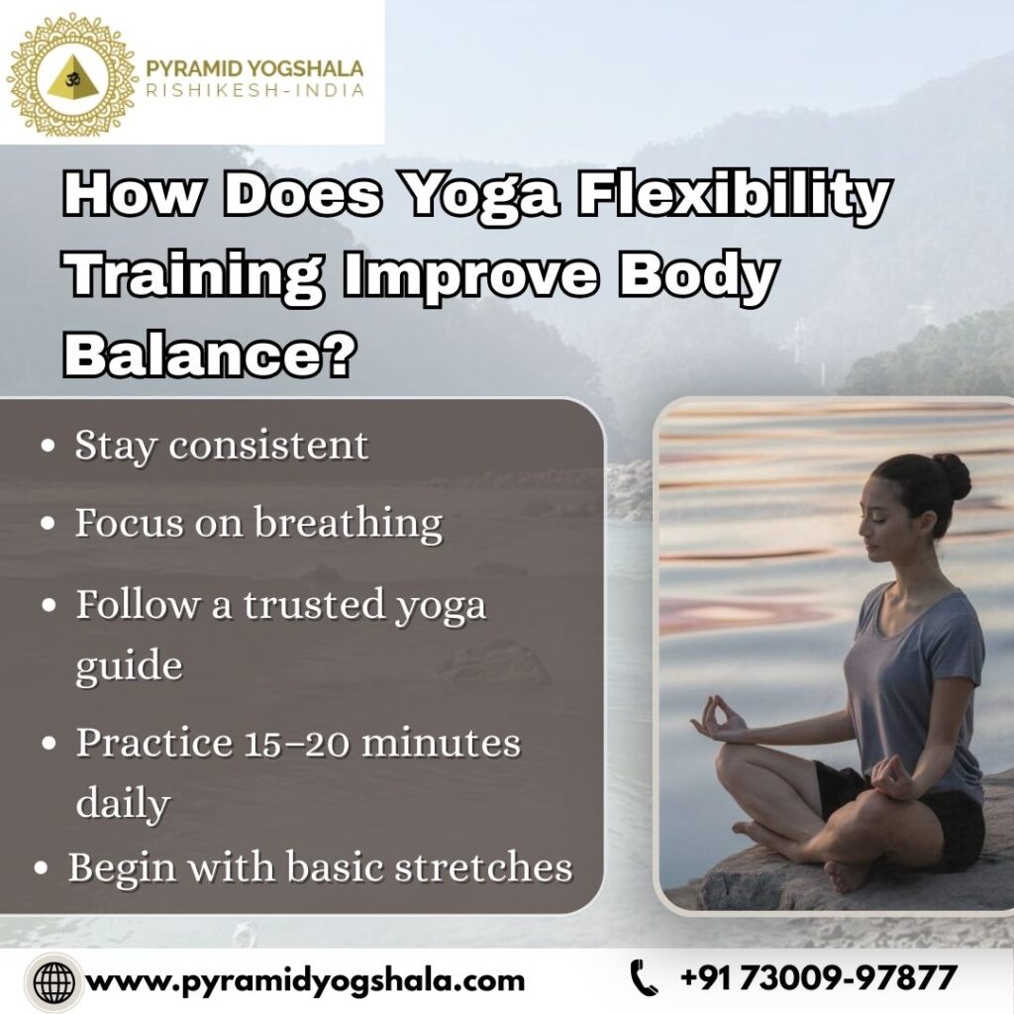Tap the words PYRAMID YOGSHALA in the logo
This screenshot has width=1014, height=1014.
[254, 68]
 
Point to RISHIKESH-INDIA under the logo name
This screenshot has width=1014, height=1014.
[254, 90]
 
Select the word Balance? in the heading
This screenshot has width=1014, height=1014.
[209, 355]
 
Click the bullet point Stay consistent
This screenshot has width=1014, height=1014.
[221, 446]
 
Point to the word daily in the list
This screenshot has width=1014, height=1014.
[121, 803]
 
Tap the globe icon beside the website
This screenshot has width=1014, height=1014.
[52, 981]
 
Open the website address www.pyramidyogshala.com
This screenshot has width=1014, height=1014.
[306, 981]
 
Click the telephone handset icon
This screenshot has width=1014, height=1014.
[645, 979]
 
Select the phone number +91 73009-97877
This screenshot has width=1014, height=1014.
[819, 979]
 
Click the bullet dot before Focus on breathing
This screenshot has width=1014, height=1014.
[48, 525]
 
